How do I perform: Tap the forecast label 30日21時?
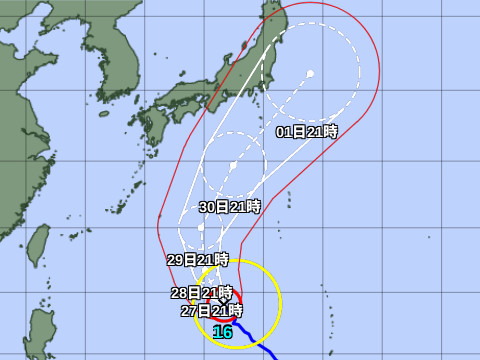point(230,207)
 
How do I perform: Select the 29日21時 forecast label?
point(198,260)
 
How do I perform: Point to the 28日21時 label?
point(195,292)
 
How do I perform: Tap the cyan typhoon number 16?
point(223,332)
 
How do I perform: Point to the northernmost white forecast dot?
point(311,73)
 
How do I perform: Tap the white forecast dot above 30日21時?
point(232,165)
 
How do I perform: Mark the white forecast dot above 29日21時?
point(202,228)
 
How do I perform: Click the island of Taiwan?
point(38,246)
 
